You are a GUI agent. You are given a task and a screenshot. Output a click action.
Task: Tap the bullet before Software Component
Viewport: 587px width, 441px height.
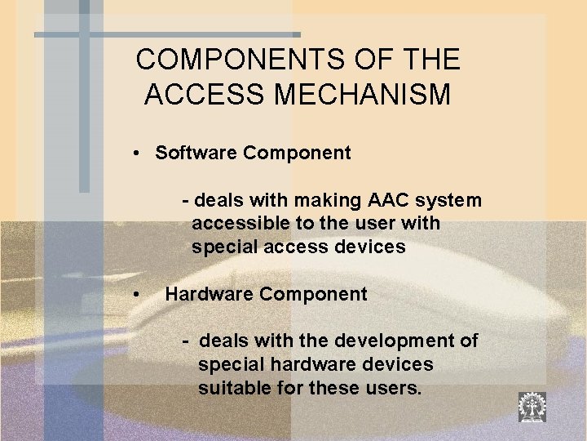click(141, 154)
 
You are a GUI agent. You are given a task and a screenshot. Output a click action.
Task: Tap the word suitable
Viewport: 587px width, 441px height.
click(234, 388)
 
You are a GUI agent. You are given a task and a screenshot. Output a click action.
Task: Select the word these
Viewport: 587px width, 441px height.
click(337, 388)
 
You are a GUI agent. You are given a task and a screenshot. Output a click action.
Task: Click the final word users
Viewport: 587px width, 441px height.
click(395, 388)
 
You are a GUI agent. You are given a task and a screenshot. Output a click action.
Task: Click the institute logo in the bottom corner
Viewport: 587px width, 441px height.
click(532, 407)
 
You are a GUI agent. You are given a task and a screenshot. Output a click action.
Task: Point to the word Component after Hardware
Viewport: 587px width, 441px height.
click(313, 294)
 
